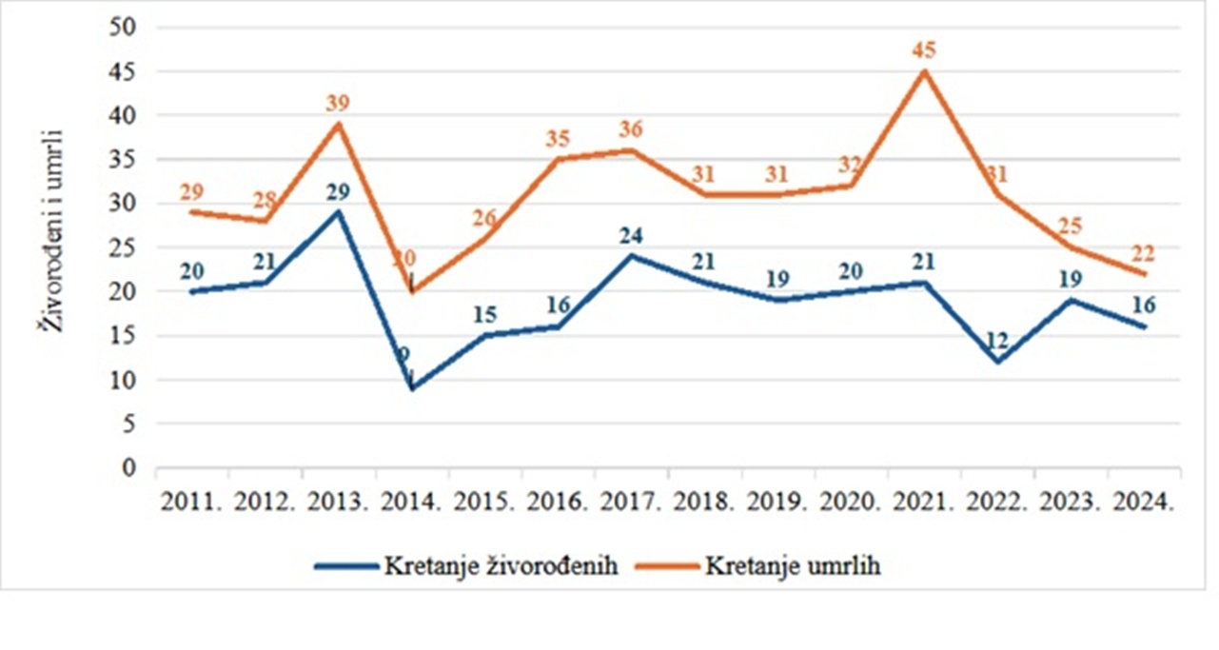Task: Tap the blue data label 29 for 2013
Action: [337, 191]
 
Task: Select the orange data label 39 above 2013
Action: [337, 104]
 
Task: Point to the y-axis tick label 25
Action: [126, 247]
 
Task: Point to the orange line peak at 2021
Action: [923, 71]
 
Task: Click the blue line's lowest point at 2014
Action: [411, 388]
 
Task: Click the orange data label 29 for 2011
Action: [191, 191]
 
